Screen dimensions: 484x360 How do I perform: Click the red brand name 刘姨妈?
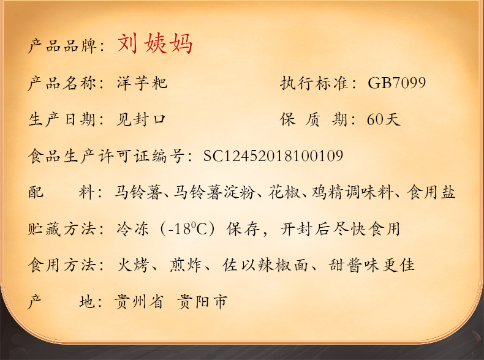[155, 44]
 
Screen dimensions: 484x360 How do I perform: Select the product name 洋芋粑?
[142, 83]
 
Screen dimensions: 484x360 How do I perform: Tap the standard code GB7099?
[396, 83]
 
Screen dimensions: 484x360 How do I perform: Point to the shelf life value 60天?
[384, 119]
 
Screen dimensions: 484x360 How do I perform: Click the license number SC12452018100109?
[273, 156]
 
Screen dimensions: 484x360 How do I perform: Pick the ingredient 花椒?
[284, 192]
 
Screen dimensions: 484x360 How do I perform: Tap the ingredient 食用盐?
[431, 192]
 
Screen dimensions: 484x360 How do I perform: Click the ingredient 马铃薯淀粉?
[214, 192]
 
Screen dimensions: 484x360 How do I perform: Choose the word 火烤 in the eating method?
[133, 265]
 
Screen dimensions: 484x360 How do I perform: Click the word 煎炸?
[186, 265]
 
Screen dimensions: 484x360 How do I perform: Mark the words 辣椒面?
[283, 265]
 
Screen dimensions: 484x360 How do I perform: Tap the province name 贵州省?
[138, 301]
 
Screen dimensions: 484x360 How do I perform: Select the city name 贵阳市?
[203, 301]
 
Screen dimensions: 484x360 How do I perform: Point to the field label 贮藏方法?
[62, 228]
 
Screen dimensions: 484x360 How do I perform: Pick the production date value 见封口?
[141, 119]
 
